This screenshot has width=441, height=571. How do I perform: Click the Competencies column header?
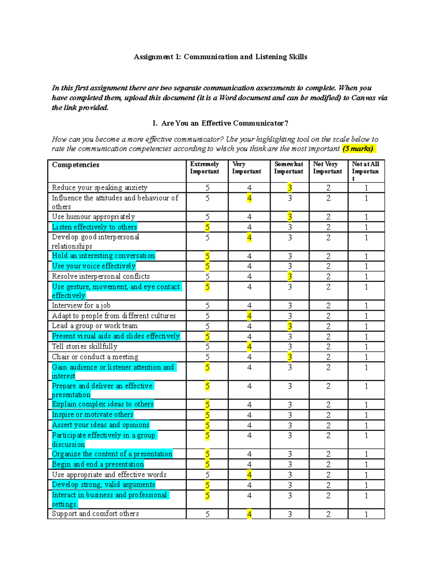76,165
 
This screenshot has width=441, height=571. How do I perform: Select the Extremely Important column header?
204,168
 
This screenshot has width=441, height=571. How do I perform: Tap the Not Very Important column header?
327,168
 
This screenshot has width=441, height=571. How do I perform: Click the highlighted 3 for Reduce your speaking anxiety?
290,188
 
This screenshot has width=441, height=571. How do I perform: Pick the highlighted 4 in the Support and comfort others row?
249,514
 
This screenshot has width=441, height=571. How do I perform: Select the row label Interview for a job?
81,306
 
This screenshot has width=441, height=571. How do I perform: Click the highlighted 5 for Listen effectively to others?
207,227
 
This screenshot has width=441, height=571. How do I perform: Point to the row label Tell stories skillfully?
85,346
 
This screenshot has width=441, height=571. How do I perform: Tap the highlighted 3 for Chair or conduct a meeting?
290,357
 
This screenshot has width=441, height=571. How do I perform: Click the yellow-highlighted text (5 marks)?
358,149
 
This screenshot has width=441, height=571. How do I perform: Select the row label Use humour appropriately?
93,217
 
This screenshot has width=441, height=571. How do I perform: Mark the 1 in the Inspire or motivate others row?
366,415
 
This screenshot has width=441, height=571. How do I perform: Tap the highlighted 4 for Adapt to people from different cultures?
249,316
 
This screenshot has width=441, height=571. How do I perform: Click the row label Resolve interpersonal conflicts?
101,276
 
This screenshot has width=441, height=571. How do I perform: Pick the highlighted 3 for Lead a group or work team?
290,326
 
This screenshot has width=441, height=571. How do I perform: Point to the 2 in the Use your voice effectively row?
328,266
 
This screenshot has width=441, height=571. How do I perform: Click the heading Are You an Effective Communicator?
225,123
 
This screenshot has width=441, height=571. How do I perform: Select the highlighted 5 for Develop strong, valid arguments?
207,485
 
